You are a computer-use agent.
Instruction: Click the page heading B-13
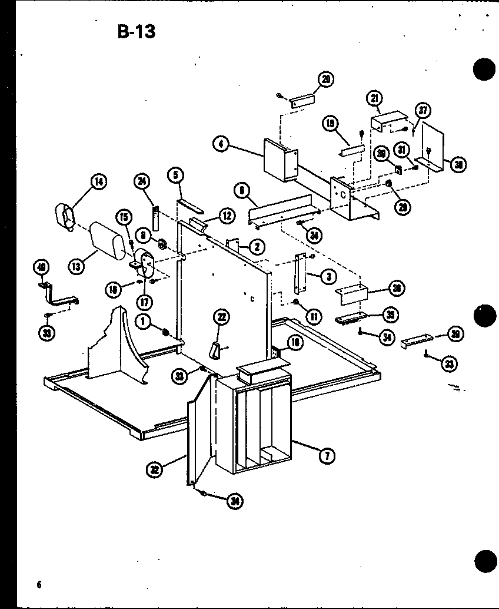136,32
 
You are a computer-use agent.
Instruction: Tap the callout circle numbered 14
99,182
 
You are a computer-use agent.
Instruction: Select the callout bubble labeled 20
325,80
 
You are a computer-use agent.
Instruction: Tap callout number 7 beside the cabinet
324,454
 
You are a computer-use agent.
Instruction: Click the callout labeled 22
222,317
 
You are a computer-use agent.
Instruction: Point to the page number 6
38,584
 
